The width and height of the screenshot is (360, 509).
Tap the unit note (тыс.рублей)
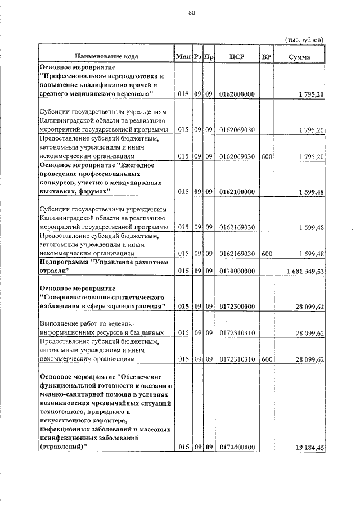pyautogui.click(x=304, y=39)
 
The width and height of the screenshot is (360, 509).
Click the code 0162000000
pyautogui.click(x=237, y=93)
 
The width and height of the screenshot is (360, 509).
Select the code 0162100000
pyautogui.click(x=237, y=192)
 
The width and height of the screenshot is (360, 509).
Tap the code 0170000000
pyautogui.click(x=237, y=271)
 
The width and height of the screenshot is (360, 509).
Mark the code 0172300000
pyautogui.click(x=237, y=306)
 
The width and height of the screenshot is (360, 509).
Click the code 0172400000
pyautogui.click(x=237, y=447)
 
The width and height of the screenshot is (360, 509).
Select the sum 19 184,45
pyautogui.click(x=309, y=447)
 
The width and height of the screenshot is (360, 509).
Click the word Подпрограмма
pyautogui.click(x=61, y=262)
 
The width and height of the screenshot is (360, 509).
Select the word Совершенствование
pyautogui.click(x=76, y=297)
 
